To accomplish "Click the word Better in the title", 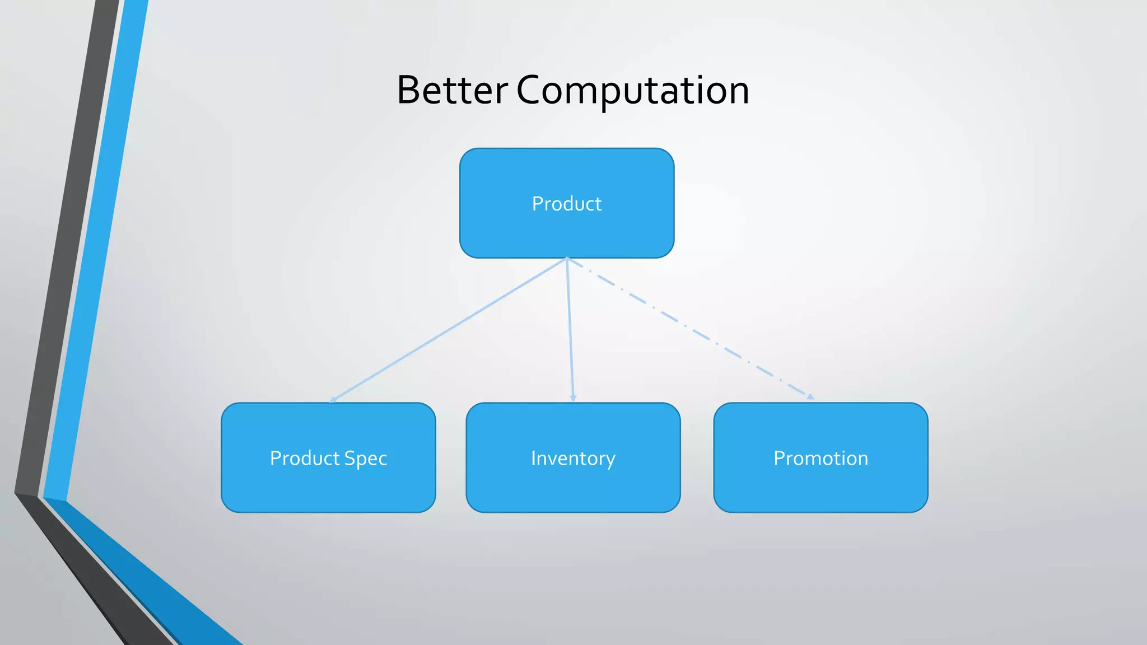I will click(451, 91).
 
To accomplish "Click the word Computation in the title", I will click(632, 91).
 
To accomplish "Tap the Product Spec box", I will click(328, 487).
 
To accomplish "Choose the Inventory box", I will click(573, 487).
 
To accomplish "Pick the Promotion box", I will click(820, 487).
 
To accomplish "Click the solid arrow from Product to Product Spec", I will click(448, 330).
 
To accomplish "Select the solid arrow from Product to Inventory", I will click(570, 330).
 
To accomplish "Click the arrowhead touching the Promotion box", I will click(810, 397).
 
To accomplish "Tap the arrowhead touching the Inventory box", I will click(572, 398).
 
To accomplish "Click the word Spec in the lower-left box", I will click(365, 459).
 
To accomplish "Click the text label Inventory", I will click(573, 459).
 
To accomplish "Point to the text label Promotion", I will click(820, 459).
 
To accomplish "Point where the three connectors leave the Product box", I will click(567, 259).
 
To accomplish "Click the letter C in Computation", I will click(530, 91).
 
